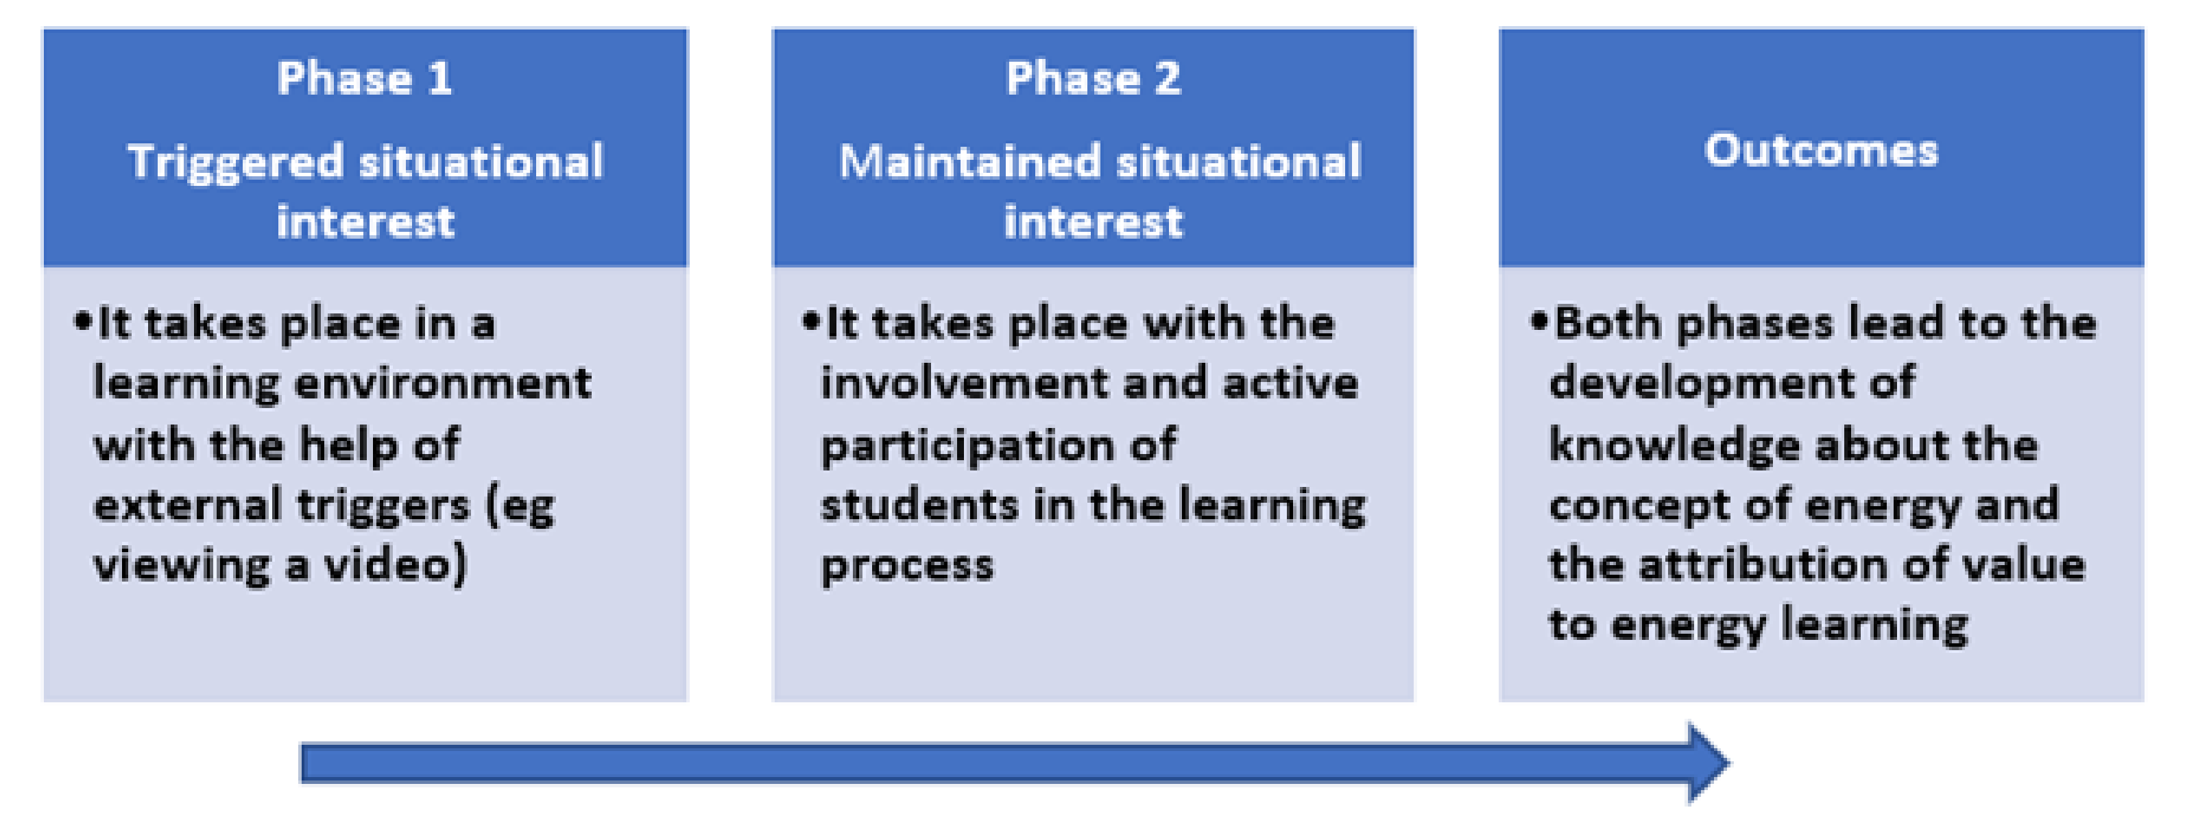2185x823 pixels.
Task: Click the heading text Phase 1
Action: [365, 79]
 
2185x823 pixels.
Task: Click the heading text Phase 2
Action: [1094, 79]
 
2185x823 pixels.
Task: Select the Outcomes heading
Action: [1821, 151]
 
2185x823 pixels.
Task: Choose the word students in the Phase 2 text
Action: [919, 505]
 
